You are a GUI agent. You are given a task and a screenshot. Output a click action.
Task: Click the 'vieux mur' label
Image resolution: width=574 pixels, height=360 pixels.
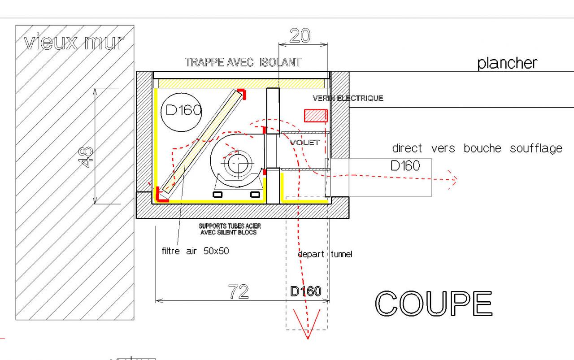click(74, 42)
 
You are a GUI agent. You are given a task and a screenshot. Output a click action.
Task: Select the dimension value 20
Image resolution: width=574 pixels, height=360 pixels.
click(300, 35)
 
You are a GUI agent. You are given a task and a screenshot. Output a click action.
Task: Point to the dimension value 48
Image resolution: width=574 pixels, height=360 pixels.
click(85, 157)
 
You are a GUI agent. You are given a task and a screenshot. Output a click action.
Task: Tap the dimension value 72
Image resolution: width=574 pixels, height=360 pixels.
click(238, 291)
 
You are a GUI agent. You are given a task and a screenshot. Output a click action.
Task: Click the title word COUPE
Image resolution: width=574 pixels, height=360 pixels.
click(434, 304)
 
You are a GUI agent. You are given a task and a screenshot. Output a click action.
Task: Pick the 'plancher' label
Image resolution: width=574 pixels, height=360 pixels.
click(507, 63)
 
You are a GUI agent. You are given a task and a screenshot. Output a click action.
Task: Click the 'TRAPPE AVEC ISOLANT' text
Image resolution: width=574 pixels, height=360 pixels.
click(243, 62)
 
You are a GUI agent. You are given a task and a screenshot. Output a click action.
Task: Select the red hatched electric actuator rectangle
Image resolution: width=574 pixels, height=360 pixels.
click(316, 116)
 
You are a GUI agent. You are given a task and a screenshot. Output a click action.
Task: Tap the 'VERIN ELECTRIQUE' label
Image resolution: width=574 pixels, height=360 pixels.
click(348, 98)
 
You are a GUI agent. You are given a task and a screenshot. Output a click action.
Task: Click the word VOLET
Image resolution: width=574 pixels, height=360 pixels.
click(304, 143)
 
